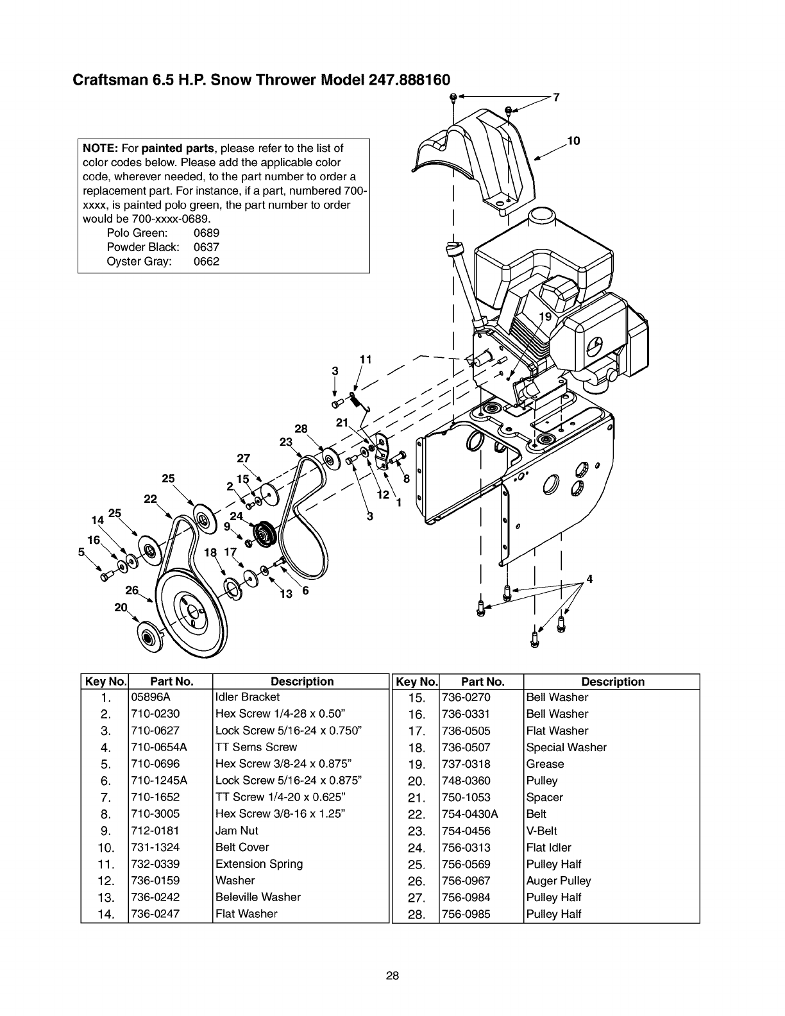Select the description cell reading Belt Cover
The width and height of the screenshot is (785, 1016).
tap(242, 847)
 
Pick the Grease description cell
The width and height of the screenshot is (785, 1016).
tap(545, 764)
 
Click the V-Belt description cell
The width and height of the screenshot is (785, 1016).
tap(542, 831)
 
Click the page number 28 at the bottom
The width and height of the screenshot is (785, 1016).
tap(393, 976)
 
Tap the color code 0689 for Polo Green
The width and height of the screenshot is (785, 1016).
tap(206, 233)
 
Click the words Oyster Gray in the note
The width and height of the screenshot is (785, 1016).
tap(139, 262)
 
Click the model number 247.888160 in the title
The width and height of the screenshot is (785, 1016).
tap(409, 80)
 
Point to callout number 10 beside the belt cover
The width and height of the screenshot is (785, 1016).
tap(573, 141)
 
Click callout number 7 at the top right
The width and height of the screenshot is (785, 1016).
tap(556, 97)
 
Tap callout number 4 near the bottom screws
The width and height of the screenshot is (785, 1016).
tap(589, 580)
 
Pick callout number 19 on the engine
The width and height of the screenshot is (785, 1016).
tap(545, 317)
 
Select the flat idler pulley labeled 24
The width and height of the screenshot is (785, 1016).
tap(264, 534)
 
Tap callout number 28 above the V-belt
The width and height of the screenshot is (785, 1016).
tap(301, 428)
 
